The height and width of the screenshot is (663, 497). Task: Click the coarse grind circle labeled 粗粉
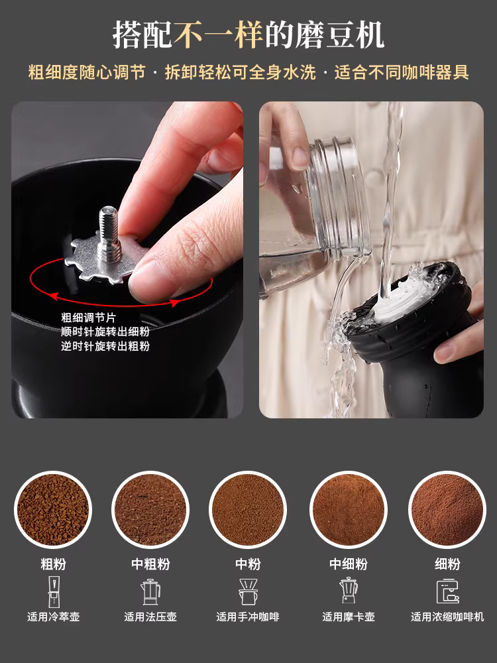[x=52, y=509]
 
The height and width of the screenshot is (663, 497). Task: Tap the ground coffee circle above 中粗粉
[x=150, y=509]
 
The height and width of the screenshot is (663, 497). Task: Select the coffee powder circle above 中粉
[x=248, y=509]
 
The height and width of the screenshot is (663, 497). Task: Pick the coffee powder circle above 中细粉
[x=349, y=509]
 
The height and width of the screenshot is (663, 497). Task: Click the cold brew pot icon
[x=52, y=590]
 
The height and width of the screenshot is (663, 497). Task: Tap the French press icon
[x=150, y=591]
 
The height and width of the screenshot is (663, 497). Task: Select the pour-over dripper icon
[x=248, y=591]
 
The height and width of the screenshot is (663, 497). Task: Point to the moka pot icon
[x=349, y=591]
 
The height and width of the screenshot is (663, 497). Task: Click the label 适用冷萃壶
[x=53, y=617]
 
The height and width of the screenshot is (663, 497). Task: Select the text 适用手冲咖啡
[x=248, y=617]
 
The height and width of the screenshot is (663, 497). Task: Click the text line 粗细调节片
[x=88, y=318]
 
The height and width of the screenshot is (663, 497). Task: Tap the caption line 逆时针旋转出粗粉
[x=105, y=345]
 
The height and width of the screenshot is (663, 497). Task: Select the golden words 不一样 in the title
[x=219, y=34]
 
